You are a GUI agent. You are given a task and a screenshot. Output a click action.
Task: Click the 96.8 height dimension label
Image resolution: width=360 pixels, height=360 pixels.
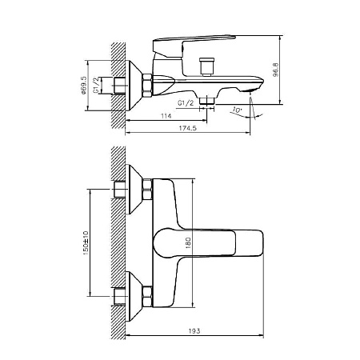pyautogui.click(x=276, y=70)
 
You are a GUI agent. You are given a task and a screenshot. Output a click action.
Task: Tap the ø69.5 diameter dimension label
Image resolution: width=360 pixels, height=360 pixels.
pyautogui.click(x=83, y=86)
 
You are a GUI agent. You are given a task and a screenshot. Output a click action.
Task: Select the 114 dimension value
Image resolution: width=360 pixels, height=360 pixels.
pyautogui.click(x=166, y=116)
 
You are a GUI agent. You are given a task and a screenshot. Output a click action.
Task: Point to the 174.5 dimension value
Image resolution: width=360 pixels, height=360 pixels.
pyautogui.click(x=187, y=128)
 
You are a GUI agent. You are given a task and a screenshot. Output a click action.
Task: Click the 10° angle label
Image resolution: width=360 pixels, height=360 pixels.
pyautogui.click(x=236, y=110)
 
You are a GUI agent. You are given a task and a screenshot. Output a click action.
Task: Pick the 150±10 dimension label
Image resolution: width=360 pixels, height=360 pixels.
pyautogui.click(x=86, y=243)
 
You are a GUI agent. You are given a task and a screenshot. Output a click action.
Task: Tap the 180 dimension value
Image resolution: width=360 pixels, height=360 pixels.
pyautogui.click(x=188, y=243)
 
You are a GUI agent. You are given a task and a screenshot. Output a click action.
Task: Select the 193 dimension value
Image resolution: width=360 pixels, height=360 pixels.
pyautogui.click(x=194, y=331)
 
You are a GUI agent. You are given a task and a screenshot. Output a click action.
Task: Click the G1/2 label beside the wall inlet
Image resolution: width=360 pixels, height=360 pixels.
pyautogui.click(x=96, y=86)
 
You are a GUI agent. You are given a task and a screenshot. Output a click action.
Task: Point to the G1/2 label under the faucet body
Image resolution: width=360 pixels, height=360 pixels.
pyautogui.click(x=186, y=103)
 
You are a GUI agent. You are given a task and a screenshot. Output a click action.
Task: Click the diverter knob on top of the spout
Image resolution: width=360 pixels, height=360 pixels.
pyautogui.click(x=207, y=67)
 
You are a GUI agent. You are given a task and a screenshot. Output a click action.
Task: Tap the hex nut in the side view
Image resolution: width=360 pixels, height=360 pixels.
pyautogui.click(x=147, y=86)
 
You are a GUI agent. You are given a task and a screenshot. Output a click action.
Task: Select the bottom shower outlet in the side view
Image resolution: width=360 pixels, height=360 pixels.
pyautogui.click(x=207, y=101)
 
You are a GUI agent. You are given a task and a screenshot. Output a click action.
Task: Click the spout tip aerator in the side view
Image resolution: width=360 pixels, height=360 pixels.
pyautogui.click(x=250, y=91)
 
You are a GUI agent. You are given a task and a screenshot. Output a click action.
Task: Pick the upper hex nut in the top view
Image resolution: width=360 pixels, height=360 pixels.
pyautogui.click(x=147, y=190)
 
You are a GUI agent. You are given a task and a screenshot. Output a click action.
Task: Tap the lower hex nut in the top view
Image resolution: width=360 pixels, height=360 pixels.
pyautogui.click(x=147, y=296)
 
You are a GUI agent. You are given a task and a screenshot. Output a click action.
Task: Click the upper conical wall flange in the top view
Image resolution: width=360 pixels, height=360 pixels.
pyautogui.click(x=134, y=190)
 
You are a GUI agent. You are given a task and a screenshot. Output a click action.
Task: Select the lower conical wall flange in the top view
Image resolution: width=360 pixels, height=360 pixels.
pyautogui.click(x=134, y=296)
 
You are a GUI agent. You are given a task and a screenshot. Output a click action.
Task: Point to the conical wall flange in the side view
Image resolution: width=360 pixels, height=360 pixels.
pyautogui.click(x=134, y=86)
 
